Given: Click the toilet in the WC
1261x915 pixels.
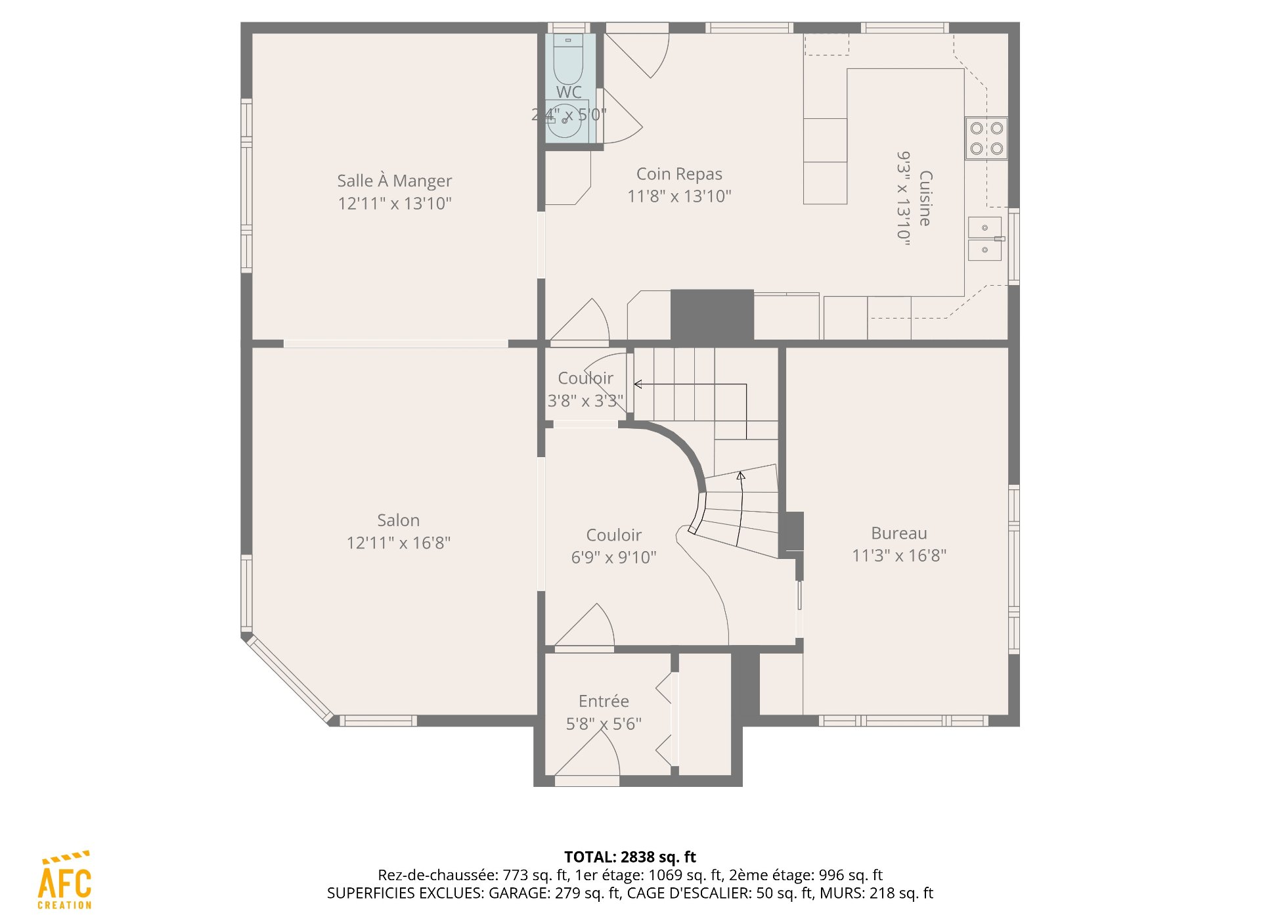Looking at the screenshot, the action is tap(568, 59).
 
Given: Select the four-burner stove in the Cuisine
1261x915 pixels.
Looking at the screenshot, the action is tap(986, 138).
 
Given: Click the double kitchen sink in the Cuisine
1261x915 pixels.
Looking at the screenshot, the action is tap(986, 238).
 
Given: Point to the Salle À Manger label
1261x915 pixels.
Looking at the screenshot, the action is tap(395, 181).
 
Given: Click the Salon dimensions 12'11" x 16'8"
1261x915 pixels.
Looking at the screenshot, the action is tap(399, 543).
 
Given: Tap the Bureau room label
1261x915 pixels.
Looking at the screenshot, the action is tap(899, 533).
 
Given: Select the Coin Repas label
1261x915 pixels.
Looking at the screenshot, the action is tap(679, 174).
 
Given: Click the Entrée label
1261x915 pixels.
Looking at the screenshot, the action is tap(604, 701).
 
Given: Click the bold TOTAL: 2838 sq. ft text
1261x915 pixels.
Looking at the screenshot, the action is tap(630, 857).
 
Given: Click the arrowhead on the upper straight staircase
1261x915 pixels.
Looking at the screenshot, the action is tap(638, 384).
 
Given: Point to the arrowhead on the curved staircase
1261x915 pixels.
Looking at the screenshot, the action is tap(741, 476).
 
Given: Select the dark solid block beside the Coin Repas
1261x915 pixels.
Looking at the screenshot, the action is tap(712, 315).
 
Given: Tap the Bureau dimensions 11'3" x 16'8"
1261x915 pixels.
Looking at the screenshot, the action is tap(899, 556).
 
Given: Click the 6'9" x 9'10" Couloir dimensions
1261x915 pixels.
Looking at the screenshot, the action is tap(613, 558).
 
